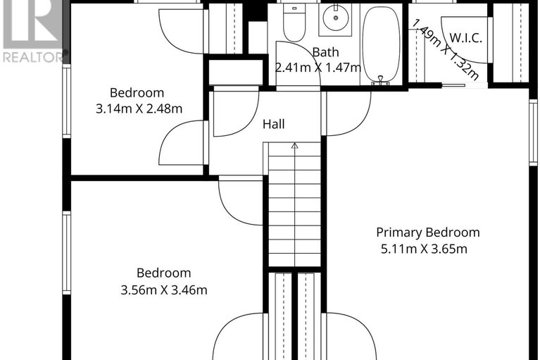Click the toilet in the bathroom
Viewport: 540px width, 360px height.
pos(294,23)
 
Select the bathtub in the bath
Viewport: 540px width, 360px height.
pos(382,44)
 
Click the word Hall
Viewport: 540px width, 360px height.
pos(274,124)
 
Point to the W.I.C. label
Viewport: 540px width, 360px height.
pos(465,38)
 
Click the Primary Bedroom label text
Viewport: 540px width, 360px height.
pos(428,232)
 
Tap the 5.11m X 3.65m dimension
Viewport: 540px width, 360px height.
pos(424,249)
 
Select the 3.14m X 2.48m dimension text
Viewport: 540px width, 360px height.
pos(139,109)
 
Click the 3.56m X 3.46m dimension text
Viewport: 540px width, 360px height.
pos(164,290)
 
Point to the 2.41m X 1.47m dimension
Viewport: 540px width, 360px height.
pos(318,68)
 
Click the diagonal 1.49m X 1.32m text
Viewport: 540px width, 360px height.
pos(445,49)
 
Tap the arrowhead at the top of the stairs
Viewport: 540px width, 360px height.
pos(294,145)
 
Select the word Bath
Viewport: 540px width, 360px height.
pos(325,52)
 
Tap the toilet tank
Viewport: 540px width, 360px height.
pos(294,8)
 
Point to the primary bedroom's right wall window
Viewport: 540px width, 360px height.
pos(533,132)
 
